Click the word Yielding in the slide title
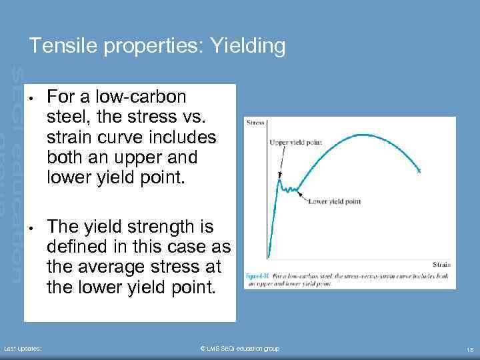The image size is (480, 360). [x=247, y=46]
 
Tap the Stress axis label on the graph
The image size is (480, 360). [x=256, y=123]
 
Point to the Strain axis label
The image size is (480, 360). [x=441, y=265]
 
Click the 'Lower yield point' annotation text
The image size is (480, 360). [x=334, y=200]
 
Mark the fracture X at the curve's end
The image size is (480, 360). [x=419, y=171]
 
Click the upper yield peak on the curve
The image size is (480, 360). [x=281, y=178]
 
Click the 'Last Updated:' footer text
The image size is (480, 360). [x=23, y=349]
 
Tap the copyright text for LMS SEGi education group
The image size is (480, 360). [x=240, y=349]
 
